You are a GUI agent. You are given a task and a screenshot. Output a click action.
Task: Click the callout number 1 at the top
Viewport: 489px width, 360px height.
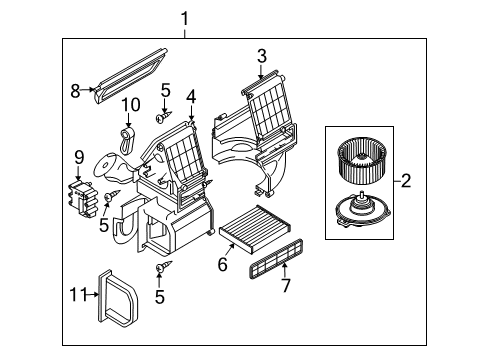pos(185,19)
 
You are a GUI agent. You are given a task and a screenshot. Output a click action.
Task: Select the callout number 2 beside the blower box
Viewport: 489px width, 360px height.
pos(406,181)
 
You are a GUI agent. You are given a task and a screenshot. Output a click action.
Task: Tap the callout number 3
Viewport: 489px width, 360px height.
pos(262,56)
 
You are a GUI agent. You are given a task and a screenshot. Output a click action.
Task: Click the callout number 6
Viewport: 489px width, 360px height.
pos(222,264)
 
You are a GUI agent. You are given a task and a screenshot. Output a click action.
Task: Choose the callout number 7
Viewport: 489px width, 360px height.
pos(286,285)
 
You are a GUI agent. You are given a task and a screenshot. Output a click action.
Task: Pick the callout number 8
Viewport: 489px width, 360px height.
pos(75,91)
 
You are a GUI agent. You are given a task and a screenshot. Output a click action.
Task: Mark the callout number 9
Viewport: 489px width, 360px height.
pos(79,158)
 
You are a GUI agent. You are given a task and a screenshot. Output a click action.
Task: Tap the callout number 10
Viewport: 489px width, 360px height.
pos(130,105)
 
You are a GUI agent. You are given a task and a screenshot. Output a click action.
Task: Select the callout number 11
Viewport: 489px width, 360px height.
pos(78,295)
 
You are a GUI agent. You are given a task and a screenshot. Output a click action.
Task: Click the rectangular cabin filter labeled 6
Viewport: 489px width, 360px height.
pos(254,225)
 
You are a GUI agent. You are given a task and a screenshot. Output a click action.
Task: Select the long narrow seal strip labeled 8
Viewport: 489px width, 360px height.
pos(130,76)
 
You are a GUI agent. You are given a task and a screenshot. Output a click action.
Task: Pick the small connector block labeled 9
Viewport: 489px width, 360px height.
pos(83,199)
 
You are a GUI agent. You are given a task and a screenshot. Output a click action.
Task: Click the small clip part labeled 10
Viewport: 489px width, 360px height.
pos(127,141)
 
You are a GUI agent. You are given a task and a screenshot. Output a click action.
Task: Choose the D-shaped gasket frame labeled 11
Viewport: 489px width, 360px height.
pos(118,297)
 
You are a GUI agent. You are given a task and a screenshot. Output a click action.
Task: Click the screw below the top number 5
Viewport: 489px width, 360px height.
pos(163,117)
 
